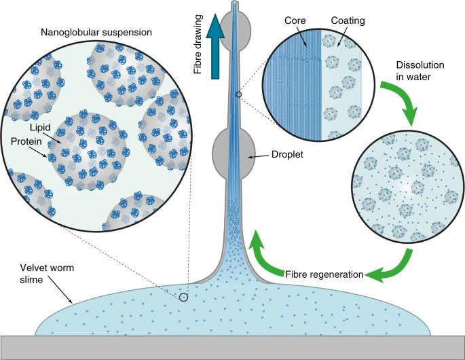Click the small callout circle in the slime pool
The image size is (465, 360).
[x=184, y=298]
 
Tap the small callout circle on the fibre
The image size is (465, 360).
[x=238, y=95]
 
